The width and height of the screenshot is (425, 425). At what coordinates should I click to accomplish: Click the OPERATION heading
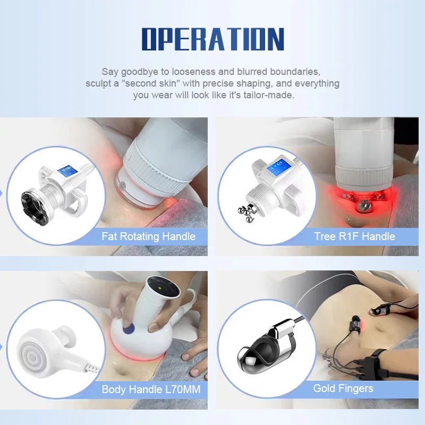point(213,39)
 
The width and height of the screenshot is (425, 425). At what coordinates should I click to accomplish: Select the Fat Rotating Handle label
point(149,236)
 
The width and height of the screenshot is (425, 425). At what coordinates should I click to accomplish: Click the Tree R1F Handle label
point(354,236)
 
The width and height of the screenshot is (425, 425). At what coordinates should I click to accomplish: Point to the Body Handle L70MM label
point(151,389)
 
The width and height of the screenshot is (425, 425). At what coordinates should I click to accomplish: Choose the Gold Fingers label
point(343,388)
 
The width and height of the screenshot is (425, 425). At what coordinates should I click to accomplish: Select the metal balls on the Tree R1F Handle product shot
point(246,211)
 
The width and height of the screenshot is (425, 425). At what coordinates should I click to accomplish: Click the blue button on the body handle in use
point(129,329)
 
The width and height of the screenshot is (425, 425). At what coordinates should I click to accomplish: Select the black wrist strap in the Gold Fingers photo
point(376,363)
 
